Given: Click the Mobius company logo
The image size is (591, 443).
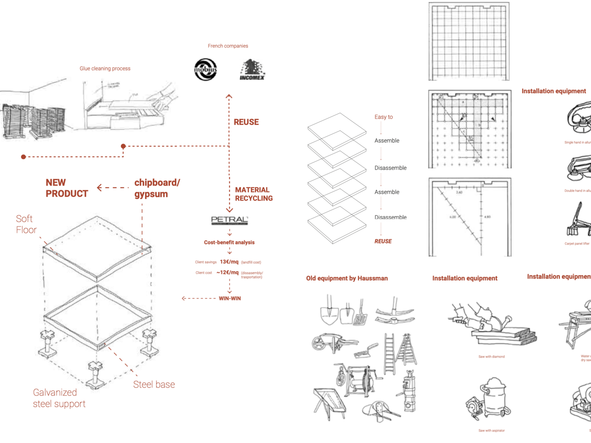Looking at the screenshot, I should pyautogui.click(x=205, y=70).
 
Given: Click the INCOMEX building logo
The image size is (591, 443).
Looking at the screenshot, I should pyautogui.click(x=252, y=70).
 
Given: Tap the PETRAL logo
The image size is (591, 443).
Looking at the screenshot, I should pyautogui.click(x=229, y=220).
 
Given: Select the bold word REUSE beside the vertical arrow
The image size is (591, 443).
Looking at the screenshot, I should pyautogui.click(x=246, y=122).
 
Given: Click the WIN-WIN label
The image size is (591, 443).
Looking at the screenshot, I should pyautogui.click(x=229, y=299).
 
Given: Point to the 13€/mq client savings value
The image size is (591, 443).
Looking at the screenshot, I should pyautogui.click(x=229, y=262).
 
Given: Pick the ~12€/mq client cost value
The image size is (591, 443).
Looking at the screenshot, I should pyautogui.click(x=228, y=273).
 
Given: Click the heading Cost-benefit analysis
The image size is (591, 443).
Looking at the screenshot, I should pyautogui.click(x=229, y=242).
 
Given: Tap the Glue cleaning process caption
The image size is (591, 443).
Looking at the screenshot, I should pyautogui.click(x=105, y=69).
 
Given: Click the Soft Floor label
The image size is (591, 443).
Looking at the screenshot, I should pyautogui.click(x=26, y=224).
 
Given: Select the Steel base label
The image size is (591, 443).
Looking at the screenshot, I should pyautogui.click(x=154, y=384).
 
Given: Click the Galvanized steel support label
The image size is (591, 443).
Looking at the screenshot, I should pyautogui.click(x=59, y=398).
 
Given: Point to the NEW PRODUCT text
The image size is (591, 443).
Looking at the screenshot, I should pyautogui.click(x=66, y=188).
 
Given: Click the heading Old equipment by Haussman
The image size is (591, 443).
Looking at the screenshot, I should pyautogui.click(x=347, y=278).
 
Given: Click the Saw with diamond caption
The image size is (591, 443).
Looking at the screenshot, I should pyautogui.click(x=491, y=357).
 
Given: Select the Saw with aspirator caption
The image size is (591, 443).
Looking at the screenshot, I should pyautogui.click(x=491, y=431).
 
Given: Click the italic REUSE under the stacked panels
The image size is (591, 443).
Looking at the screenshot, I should pyautogui.click(x=383, y=241).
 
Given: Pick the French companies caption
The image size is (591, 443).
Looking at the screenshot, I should pyautogui.click(x=228, y=46).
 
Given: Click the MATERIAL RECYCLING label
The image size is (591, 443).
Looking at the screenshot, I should pyautogui.click(x=253, y=194).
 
